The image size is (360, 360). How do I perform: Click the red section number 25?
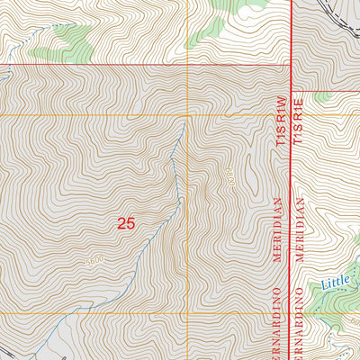126,222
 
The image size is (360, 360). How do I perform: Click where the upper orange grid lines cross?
187,115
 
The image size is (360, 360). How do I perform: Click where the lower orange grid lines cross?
187,313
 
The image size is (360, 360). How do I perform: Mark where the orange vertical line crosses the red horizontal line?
187,66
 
